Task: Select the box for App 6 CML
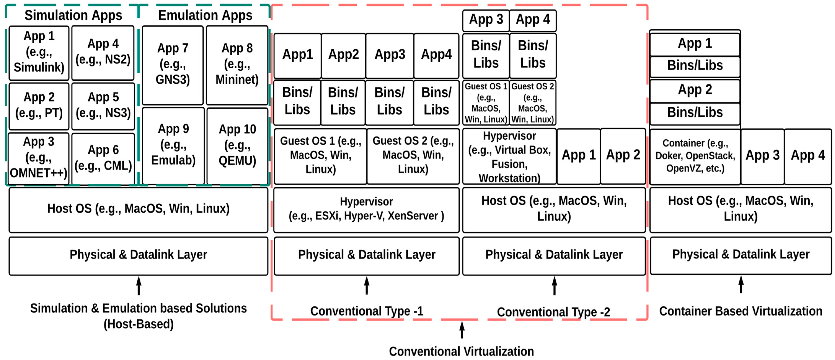(103, 158)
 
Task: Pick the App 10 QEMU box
(237, 145)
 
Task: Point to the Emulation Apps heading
(205, 15)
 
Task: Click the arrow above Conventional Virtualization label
(462, 330)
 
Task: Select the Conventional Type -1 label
(367, 311)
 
